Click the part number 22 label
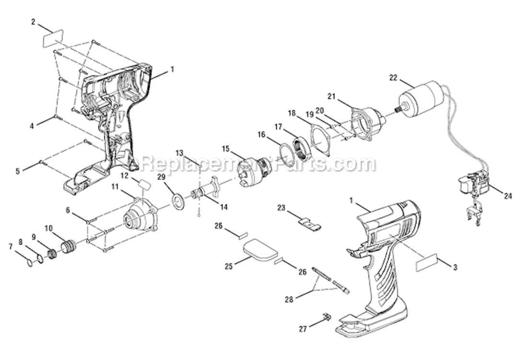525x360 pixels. [393, 77]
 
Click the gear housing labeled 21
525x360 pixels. [367, 123]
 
